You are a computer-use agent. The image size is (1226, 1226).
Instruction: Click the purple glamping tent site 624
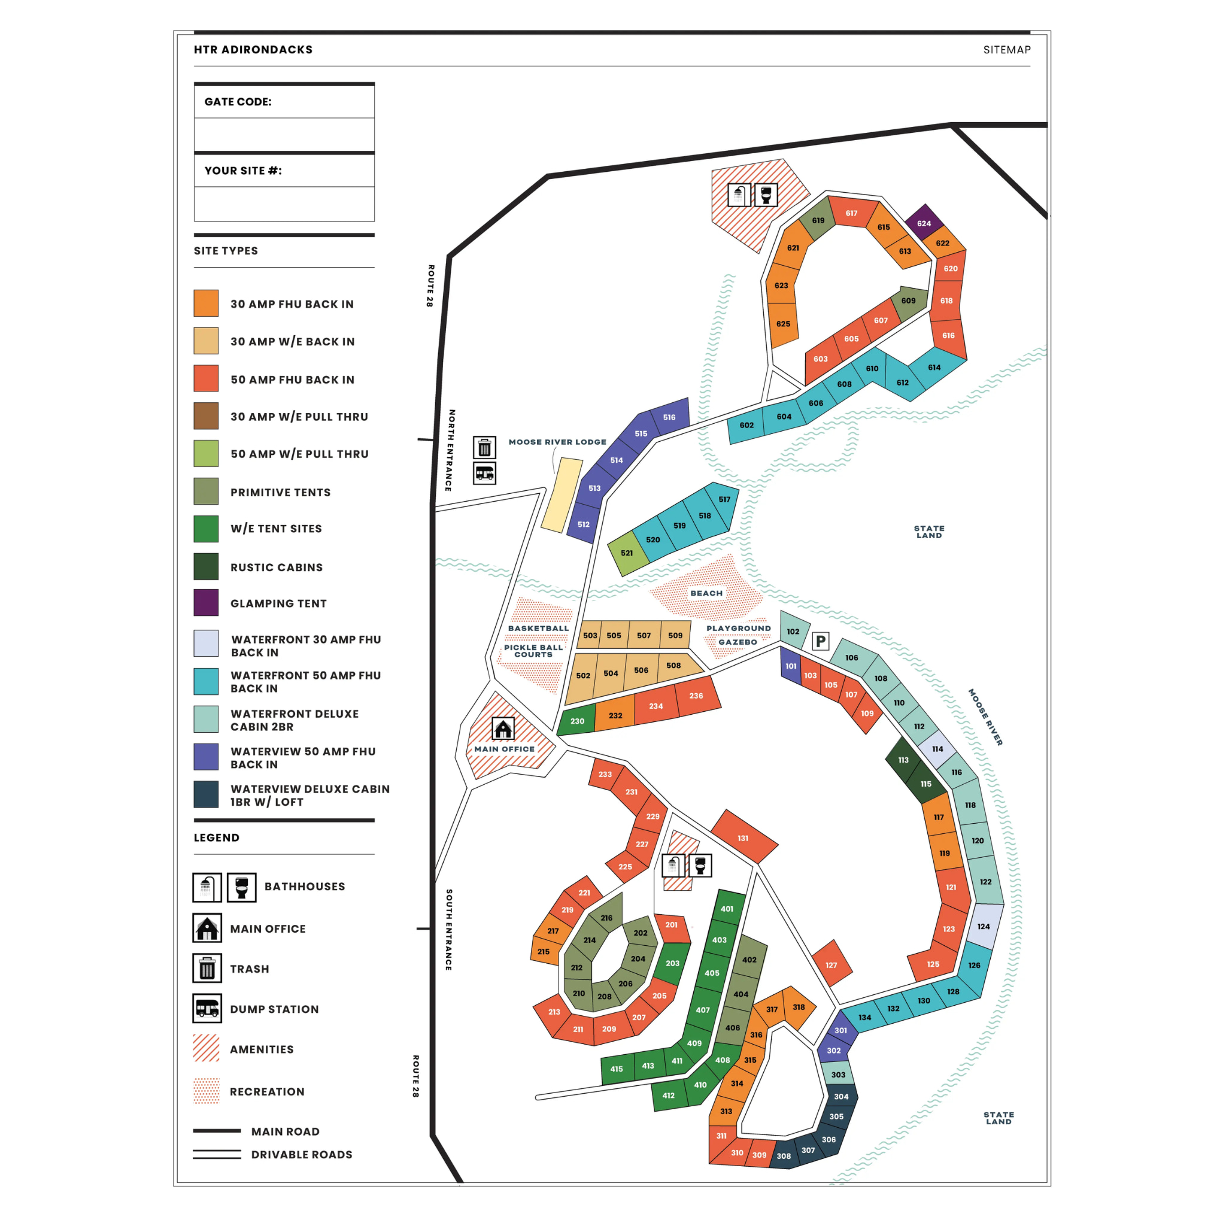click(923, 223)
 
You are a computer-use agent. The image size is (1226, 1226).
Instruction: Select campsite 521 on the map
click(627, 553)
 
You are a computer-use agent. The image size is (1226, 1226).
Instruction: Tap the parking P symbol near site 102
click(821, 641)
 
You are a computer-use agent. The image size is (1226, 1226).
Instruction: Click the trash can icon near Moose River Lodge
click(484, 447)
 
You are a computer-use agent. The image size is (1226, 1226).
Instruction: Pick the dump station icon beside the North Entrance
click(484, 474)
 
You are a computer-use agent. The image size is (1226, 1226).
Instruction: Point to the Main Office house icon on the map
click(503, 729)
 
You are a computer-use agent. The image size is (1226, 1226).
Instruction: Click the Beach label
click(706, 593)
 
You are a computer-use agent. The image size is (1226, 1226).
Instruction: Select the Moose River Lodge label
click(557, 442)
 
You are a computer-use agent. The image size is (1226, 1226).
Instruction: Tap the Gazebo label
click(738, 642)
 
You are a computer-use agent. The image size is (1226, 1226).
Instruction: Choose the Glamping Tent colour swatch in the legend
click(205, 603)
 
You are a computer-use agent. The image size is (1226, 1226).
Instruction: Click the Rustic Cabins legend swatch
click(205, 567)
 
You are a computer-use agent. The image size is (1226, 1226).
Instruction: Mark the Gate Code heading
click(238, 102)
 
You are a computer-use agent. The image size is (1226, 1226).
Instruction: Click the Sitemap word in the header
click(1006, 50)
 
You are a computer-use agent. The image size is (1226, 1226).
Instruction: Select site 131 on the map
click(744, 837)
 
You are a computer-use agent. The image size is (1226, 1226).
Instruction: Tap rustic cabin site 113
click(903, 760)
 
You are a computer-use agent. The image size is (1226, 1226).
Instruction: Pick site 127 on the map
click(832, 964)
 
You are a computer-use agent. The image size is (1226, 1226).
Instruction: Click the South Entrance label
click(448, 929)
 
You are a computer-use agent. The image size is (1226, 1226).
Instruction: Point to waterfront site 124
click(984, 926)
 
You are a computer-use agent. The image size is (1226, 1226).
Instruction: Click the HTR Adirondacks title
click(253, 50)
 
